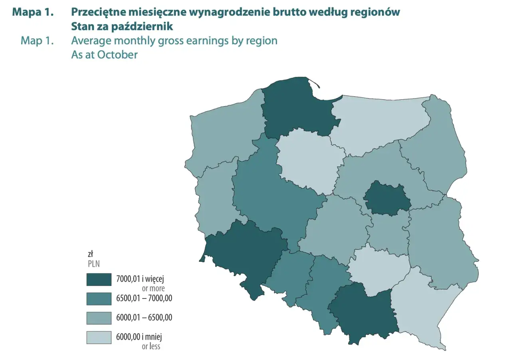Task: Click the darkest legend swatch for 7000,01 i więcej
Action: coord(99,279)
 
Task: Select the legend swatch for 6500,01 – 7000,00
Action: coord(99,299)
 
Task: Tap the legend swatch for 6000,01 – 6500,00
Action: coord(99,318)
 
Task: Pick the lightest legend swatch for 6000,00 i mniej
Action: coord(99,337)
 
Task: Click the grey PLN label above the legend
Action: coord(94,263)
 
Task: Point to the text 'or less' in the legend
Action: coord(151,346)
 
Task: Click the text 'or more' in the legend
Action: coord(153,288)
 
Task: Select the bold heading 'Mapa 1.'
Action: coord(33,12)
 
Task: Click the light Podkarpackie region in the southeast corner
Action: coord(419,307)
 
